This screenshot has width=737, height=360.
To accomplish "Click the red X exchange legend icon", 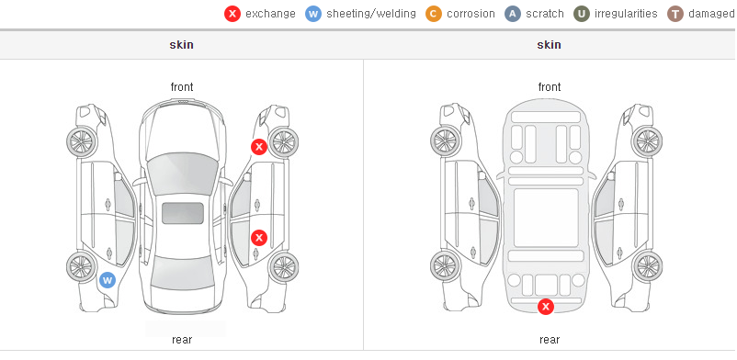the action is (x=232, y=14).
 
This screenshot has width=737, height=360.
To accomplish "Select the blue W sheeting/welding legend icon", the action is (x=313, y=14).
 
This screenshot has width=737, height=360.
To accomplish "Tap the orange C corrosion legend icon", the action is (x=434, y=14).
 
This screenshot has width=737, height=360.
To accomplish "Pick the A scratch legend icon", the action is (x=513, y=14).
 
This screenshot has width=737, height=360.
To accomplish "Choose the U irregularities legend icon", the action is (x=582, y=14).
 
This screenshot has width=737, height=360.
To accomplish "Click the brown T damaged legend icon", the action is (x=675, y=14).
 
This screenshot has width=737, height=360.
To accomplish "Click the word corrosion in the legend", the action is (x=471, y=14).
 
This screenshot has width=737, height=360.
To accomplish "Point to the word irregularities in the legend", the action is (x=626, y=14).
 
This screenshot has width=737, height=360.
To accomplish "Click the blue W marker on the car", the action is (x=108, y=281).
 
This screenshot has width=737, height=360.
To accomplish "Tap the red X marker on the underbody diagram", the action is (x=546, y=307).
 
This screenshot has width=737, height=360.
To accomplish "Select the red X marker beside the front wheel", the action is (x=258, y=147).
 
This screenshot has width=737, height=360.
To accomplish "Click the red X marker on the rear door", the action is (x=258, y=238).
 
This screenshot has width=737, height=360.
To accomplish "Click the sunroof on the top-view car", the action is (x=183, y=213).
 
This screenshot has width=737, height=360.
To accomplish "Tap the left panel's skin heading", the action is (x=181, y=45).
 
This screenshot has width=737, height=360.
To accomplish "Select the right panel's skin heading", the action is (x=549, y=45).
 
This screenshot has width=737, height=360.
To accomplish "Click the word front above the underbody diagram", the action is (x=550, y=87).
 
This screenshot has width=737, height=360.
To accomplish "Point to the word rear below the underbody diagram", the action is (x=550, y=340).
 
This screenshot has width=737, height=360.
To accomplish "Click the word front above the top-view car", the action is (x=182, y=87).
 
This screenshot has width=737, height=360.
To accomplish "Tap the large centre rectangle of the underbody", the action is (x=546, y=218).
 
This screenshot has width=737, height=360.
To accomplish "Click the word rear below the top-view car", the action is (x=182, y=340).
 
